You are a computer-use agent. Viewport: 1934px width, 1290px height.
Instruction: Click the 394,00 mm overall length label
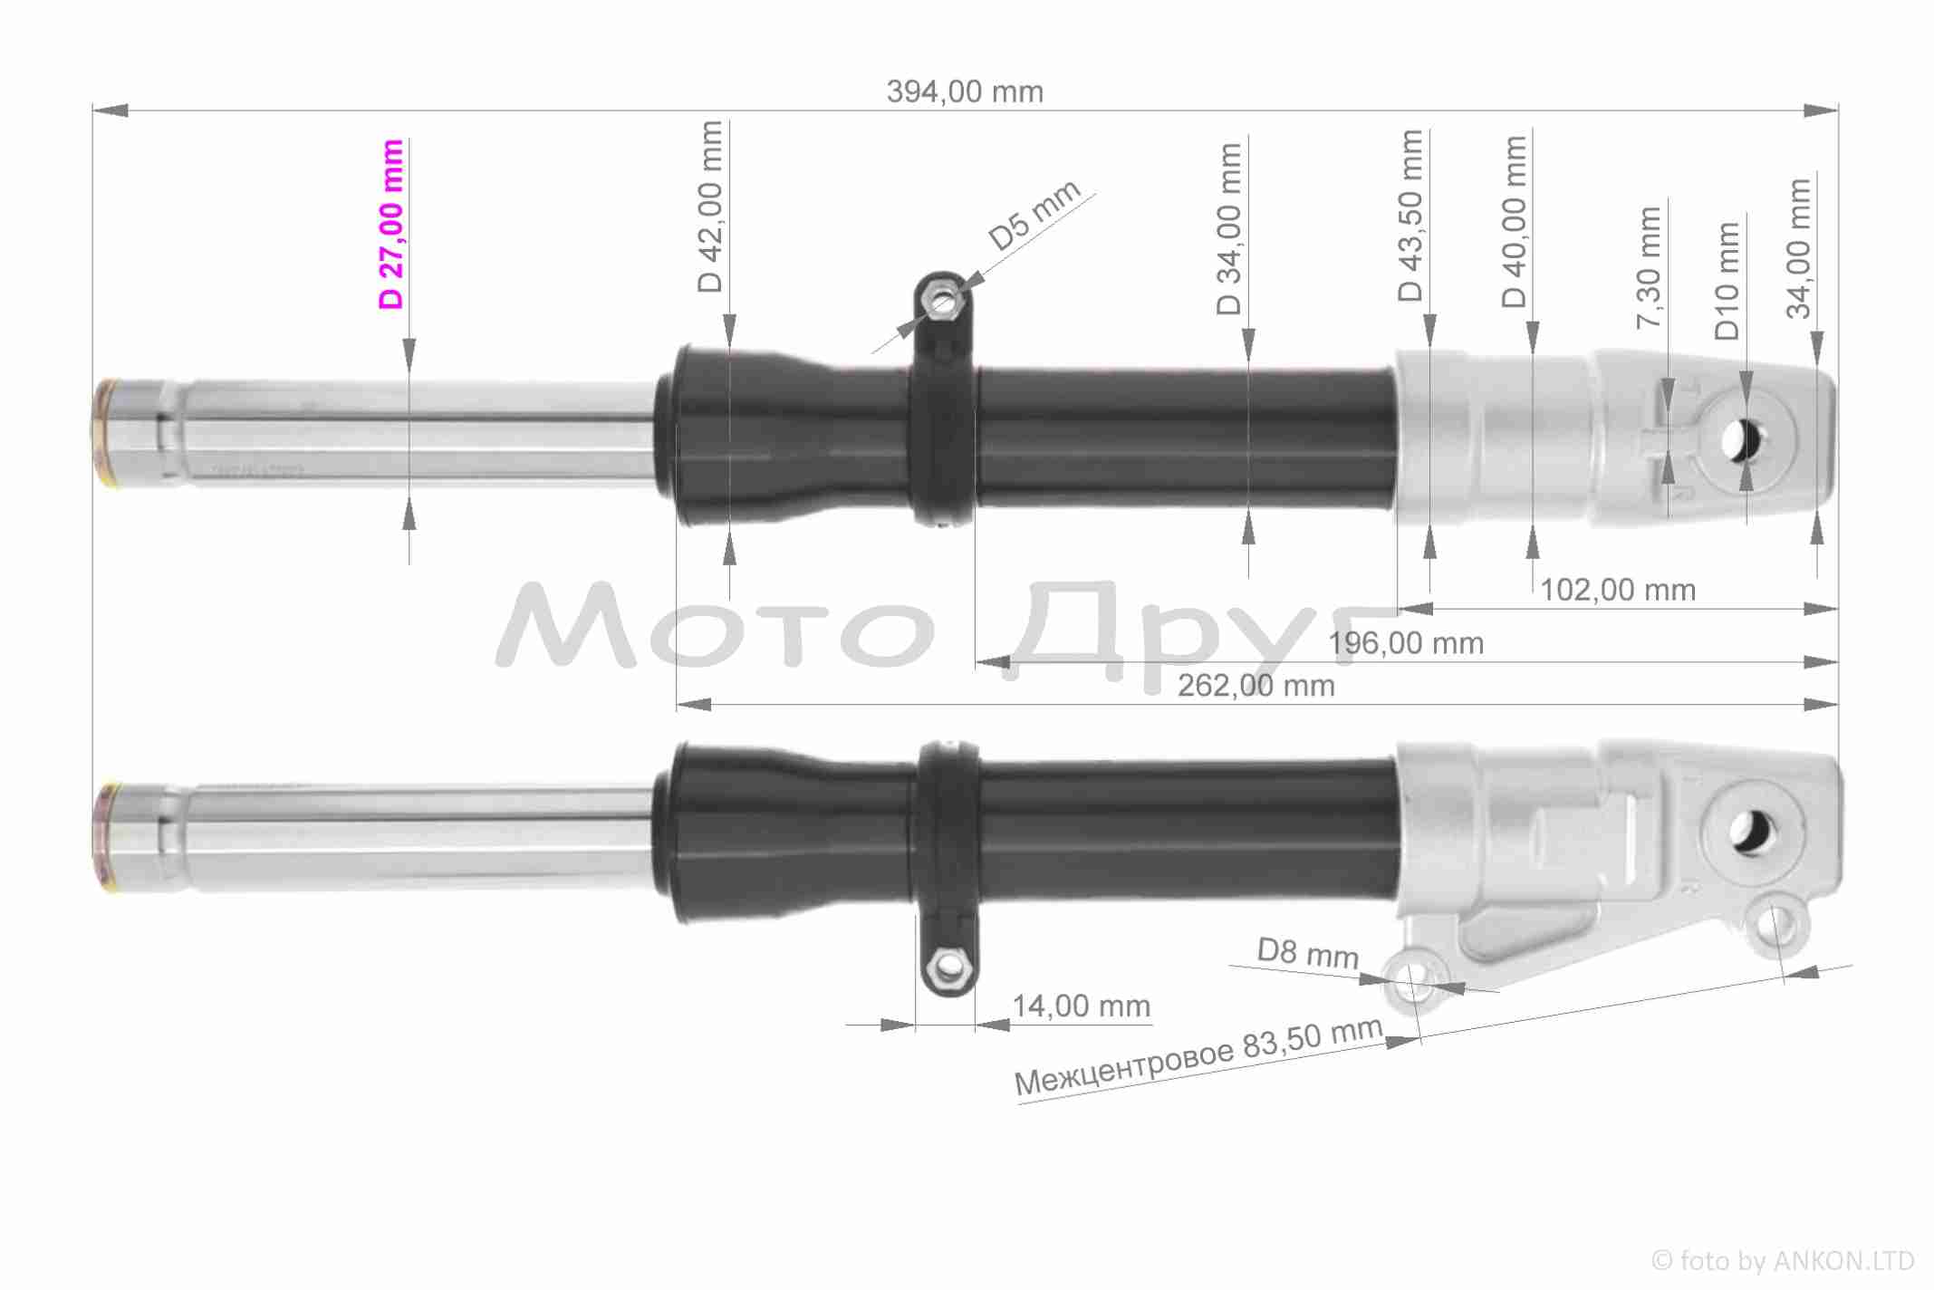(x=965, y=91)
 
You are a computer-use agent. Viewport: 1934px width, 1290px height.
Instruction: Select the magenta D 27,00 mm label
(x=391, y=225)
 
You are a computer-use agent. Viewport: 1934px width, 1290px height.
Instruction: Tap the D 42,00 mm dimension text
(x=710, y=207)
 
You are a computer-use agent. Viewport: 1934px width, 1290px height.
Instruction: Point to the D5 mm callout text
(x=1034, y=215)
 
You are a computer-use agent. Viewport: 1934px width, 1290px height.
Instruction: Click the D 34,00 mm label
(x=1228, y=229)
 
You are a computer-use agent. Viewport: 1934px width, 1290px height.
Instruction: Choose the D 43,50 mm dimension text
(x=1410, y=216)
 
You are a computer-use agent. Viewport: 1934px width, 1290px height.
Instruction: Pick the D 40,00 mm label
(x=1514, y=222)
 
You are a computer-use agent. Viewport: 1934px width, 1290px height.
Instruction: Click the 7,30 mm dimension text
(x=1649, y=268)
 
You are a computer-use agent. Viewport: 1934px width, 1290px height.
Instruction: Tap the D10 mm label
(x=1727, y=281)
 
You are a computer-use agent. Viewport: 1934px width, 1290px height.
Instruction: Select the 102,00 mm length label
(x=1618, y=590)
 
